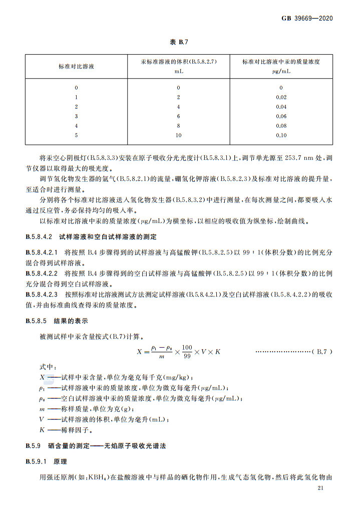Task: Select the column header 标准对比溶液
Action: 77,67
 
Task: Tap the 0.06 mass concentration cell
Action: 281,116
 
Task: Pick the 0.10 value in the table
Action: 281,135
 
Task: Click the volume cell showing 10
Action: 178,135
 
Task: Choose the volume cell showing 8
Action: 178,126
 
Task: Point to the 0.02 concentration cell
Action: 281,97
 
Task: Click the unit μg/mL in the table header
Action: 281,72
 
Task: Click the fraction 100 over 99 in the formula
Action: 187,351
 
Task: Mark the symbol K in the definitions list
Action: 42,430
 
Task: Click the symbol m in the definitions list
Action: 42,409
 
